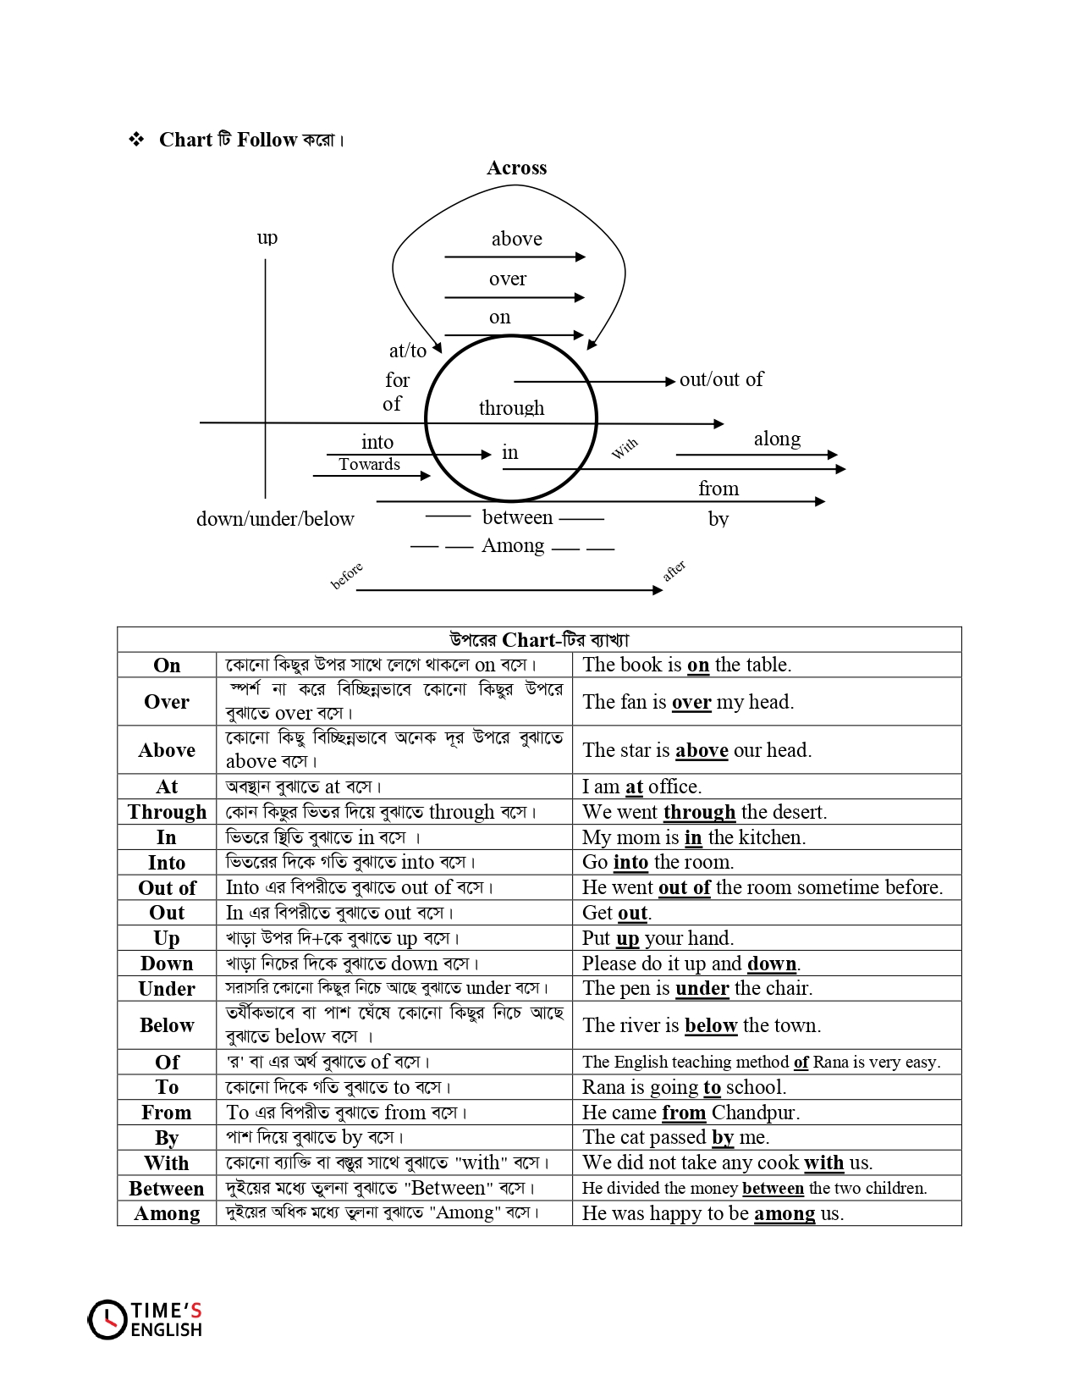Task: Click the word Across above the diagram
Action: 516,168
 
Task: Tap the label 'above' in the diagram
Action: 516,239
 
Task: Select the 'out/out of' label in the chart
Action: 721,379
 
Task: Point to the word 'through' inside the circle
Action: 511,408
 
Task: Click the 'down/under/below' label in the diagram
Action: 275,519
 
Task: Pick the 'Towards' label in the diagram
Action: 369,464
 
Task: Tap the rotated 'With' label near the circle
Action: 625,449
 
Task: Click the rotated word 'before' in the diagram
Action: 346,575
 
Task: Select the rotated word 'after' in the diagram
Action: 674,571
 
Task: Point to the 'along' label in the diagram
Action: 777,439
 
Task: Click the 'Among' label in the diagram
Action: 513,545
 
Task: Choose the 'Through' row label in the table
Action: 167,812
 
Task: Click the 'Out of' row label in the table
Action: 167,888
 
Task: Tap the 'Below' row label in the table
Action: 167,1025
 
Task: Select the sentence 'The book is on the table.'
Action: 686,665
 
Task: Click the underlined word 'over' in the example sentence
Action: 691,702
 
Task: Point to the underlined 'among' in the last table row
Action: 784,1213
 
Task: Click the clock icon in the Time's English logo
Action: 107,1320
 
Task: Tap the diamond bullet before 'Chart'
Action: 136,140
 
